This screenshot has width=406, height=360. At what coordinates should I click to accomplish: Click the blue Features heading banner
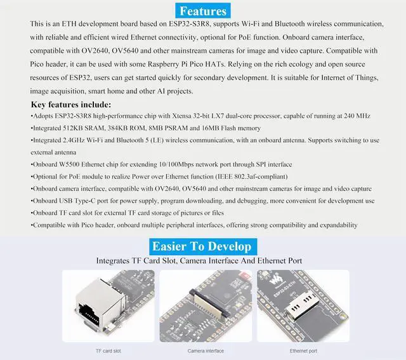tap(202, 11)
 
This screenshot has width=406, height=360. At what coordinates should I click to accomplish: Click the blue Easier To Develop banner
tap(202, 246)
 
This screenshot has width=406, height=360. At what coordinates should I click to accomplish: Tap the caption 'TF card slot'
tap(107, 350)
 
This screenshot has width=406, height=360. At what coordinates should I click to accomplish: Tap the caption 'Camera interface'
tap(206, 350)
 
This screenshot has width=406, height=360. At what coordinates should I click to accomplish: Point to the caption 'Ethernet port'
tap(303, 350)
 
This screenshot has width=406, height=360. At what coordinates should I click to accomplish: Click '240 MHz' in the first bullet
tap(357, 116)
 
